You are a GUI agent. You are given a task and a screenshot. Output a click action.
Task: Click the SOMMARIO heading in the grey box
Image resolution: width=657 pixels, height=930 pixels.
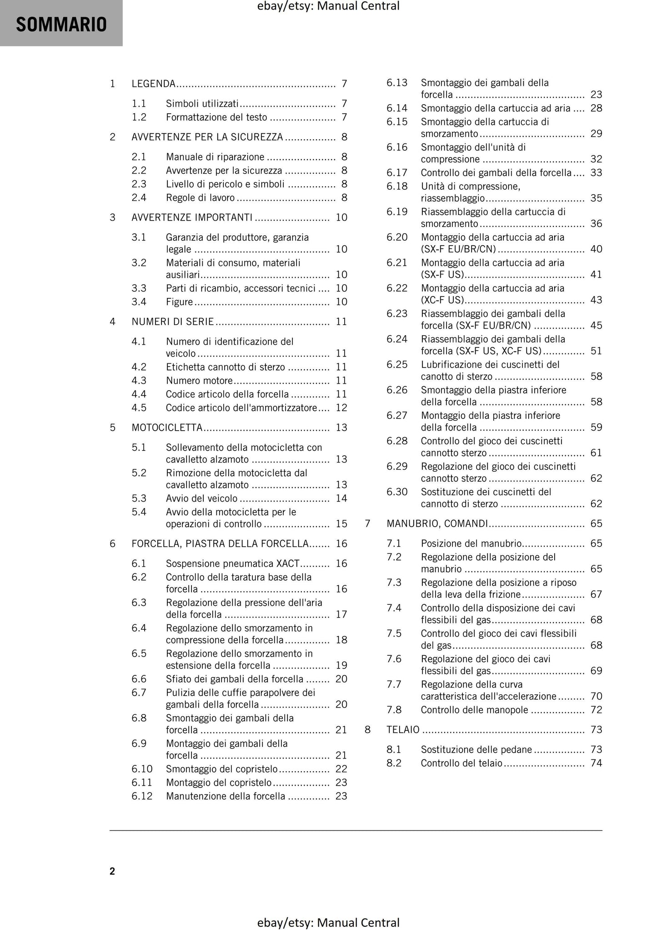[61, 25]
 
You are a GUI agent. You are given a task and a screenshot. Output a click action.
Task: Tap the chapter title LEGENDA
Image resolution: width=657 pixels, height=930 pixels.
[153, 84]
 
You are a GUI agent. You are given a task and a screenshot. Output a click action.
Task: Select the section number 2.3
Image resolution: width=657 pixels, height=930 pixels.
[139, 184]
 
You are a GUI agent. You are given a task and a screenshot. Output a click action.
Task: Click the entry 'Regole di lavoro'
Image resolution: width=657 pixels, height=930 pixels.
[200, 198]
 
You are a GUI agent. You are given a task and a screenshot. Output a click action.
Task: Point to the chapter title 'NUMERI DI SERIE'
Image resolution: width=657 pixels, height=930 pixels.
[172, 322]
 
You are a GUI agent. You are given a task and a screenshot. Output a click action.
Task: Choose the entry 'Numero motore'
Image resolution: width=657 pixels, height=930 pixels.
[199, 381]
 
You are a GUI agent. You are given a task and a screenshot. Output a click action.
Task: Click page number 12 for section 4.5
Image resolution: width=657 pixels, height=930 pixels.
[341, 408]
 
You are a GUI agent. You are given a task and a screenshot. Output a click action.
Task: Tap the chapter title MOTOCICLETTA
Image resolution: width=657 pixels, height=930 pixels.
[167, 428]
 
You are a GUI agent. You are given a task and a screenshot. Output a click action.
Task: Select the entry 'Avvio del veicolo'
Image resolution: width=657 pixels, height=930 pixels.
[201, 498]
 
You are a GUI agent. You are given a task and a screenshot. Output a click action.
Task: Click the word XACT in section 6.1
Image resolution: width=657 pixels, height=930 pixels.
[288, 564]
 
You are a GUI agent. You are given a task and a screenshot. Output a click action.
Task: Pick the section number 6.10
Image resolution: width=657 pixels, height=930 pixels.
[142, 769]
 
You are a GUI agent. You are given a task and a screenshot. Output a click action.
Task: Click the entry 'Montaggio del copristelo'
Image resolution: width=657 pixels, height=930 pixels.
[218, 783]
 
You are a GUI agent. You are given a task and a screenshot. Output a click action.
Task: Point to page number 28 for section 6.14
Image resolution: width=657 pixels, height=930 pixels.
[596, 108]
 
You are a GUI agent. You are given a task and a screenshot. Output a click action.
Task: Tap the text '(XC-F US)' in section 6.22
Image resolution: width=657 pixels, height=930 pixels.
[442, 300]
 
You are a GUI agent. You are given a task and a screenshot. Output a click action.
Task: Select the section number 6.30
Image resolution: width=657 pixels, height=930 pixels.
[397, 492]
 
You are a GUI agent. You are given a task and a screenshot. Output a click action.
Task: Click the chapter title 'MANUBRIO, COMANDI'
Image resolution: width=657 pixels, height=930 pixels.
[437, 524]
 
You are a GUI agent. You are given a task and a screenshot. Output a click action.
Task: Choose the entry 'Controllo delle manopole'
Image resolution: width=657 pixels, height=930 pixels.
[474, 710]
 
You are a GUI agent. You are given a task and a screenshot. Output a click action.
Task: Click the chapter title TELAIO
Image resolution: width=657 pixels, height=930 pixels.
[403, 730]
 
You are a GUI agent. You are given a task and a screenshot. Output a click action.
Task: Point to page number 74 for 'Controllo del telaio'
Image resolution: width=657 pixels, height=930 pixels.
[596, 763]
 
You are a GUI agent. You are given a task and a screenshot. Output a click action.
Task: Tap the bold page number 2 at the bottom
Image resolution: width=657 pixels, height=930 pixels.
[112, 871]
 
